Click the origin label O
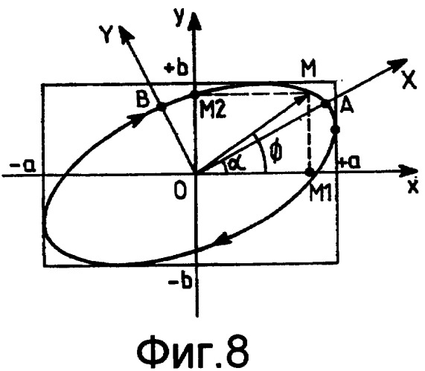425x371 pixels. [181, 191]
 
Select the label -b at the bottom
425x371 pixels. [181, 282]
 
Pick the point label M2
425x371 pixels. [212, 110]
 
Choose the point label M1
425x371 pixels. [321, 193]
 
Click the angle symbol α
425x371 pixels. [237, 164]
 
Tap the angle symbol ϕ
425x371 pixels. [276, 153]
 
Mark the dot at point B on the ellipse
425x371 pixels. [160, 107]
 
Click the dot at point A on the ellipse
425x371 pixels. [325, 103]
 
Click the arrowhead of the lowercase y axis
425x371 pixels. [193, 20]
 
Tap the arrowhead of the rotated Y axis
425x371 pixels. [125, 32]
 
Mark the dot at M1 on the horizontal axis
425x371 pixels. [310, 172]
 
